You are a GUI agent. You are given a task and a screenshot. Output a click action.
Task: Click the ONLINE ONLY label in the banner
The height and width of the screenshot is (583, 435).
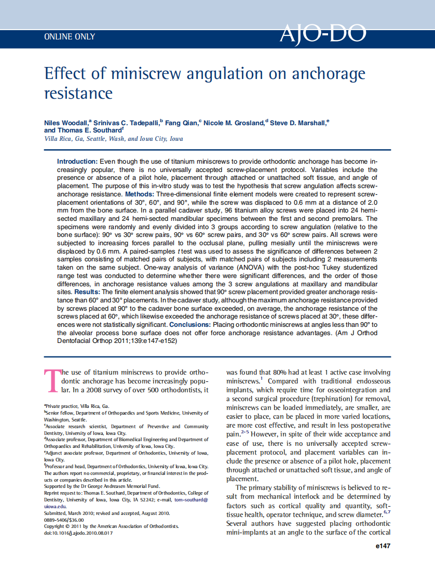coord(70,37)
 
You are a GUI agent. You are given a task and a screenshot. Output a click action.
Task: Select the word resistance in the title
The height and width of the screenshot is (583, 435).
coord(78,93)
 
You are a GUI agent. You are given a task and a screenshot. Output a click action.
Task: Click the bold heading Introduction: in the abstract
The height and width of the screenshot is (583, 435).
coord(77,162)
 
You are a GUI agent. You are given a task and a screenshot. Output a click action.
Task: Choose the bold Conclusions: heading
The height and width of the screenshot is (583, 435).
coord(191,324)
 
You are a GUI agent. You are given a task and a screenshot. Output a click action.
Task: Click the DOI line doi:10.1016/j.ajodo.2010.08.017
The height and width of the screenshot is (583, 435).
coord(78,533)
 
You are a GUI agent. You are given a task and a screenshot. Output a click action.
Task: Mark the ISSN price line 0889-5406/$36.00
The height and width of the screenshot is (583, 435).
coord(64,519)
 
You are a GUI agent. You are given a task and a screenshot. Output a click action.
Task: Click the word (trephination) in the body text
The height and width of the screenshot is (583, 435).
coord(315,399)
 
